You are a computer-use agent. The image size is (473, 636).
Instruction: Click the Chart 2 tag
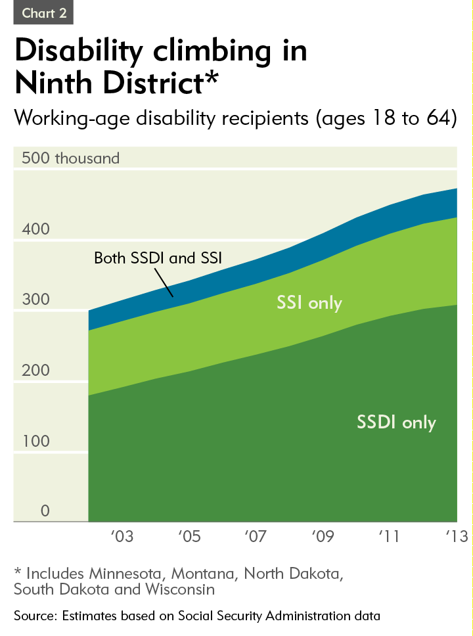tap(44, 13)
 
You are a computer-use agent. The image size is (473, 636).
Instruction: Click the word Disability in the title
tap(95, 51)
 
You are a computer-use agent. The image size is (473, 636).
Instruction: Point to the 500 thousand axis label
tap(71, 158)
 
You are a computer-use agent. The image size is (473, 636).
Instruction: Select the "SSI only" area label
tap(309, 303)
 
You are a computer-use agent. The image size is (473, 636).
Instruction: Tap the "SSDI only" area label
tap(396, 422)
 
